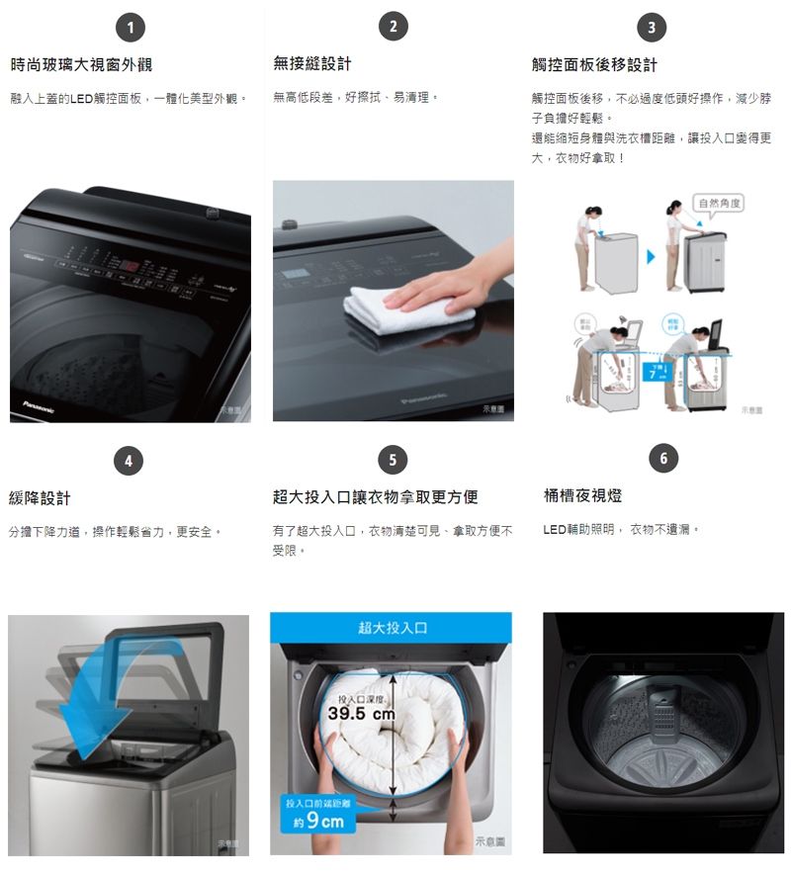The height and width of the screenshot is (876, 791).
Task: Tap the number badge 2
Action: (x=393, y=27)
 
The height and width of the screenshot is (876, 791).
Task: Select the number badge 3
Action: (x=651, y=28)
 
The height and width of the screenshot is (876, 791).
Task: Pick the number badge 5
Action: (x=393, y=459)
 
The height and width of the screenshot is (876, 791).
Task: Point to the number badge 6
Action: (x=663, y=459)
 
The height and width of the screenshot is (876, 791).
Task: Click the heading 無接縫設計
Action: (x=312, y=64)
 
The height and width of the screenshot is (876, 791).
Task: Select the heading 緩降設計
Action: (x=40, y=497)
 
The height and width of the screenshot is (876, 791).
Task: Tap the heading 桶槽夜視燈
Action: (x=583, y=495)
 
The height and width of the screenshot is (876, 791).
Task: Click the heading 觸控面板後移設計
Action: (x=594, y=65)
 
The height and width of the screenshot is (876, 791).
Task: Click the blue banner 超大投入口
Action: (x=393, y=628)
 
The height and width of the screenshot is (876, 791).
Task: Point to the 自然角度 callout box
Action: (x=720, y=203)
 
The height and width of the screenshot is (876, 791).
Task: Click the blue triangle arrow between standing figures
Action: (x=650, y=256)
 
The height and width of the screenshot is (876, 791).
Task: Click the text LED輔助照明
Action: (x=579, y=531)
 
